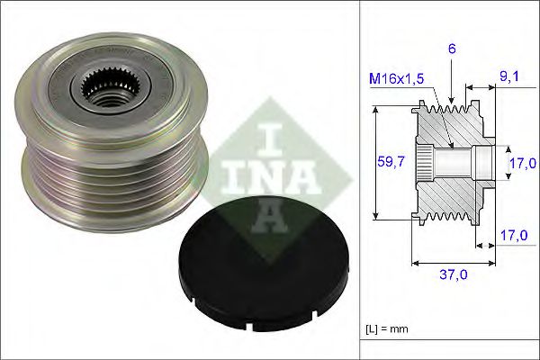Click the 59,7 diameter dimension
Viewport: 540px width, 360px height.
(389, 162)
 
